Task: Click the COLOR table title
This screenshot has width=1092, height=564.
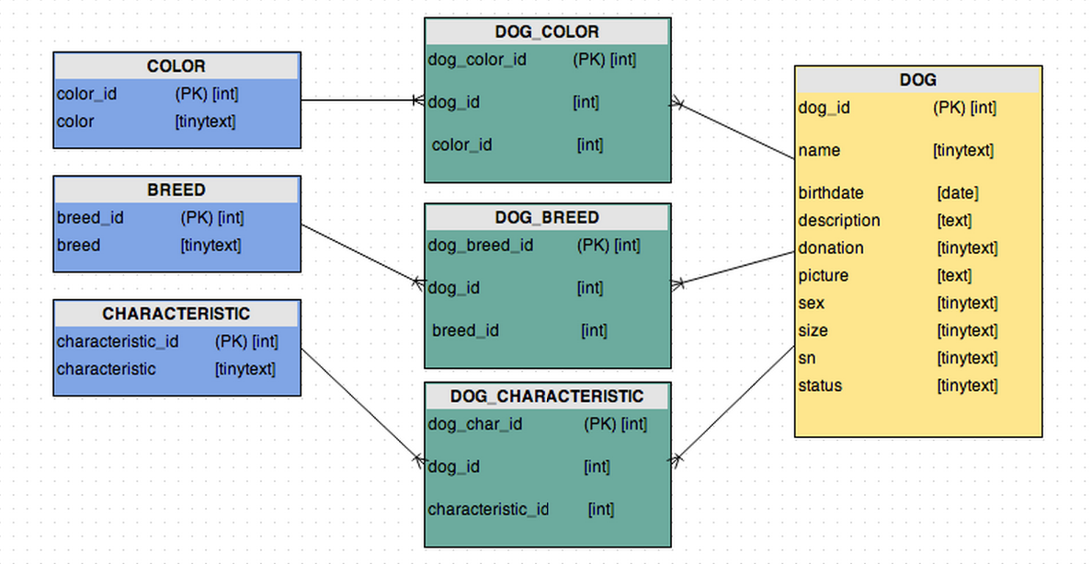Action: pyautogui.click(x=176, y=66)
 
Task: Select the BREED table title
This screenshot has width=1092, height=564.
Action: pyautogui.click(x=176, y=190)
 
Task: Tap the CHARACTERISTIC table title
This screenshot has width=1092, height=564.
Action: pyautogui.click(x=176, y=314)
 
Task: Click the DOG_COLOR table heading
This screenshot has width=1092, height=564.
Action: pyautogui.click(x=547, y=32)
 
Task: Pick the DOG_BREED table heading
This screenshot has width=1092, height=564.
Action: pyautogui.click(x=547, y=218)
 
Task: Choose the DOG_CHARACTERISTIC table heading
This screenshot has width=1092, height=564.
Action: pyautogui.click(x=547, y=397)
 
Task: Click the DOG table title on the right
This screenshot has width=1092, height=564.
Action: pyautogui.click(x=917, y=80)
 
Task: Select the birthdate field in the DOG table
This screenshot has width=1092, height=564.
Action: pyautogui.click(x=831, y=193)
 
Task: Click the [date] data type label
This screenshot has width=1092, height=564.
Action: pyautogui.click(x=958, y=193)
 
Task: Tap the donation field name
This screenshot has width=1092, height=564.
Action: pyautogui.click(x=831, y=248)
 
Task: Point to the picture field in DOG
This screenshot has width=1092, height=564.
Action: pyautogui.click(x=824, y=276)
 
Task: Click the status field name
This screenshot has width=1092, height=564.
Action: pyautogui.click(x=820, y=386)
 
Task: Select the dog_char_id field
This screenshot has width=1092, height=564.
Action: pyautogui.click(x=475, y=424)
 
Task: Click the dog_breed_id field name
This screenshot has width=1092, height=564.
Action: pyautogui.click(x=481, y=246)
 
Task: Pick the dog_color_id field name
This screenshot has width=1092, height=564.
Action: pyautogui.click(x=477, y=60)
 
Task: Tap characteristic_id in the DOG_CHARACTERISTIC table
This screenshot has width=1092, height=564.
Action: pyautogui.click(x=488, y=509)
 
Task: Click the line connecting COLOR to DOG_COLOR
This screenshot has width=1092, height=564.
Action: pyautogui.click(x=358, y=100)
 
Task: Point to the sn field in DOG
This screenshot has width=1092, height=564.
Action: pyautogui.click(x=807, y=359)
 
